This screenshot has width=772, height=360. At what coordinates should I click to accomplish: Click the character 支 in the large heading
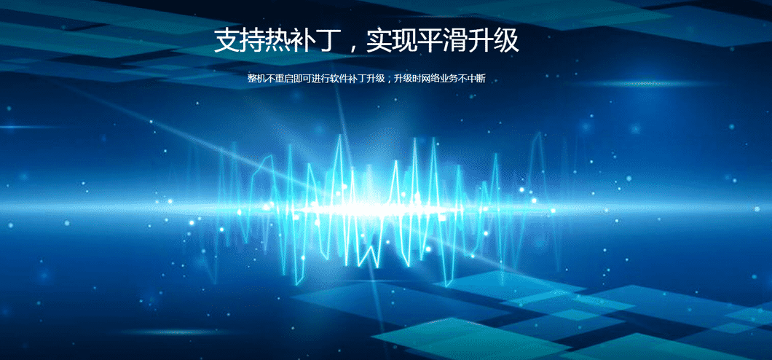[x=227, y=40]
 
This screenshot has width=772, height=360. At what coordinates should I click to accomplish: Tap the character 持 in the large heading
[x=252, y=40]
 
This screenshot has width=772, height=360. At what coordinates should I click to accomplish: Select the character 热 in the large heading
[x=277, y=40]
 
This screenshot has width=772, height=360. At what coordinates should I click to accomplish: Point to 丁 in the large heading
[x=329, y=40]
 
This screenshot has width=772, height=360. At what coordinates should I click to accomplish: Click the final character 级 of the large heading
[x=507, y=40]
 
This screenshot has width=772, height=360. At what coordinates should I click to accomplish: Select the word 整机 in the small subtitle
[x=256, y=79]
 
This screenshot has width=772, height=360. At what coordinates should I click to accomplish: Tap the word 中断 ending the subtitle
[x=477, y=79]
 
